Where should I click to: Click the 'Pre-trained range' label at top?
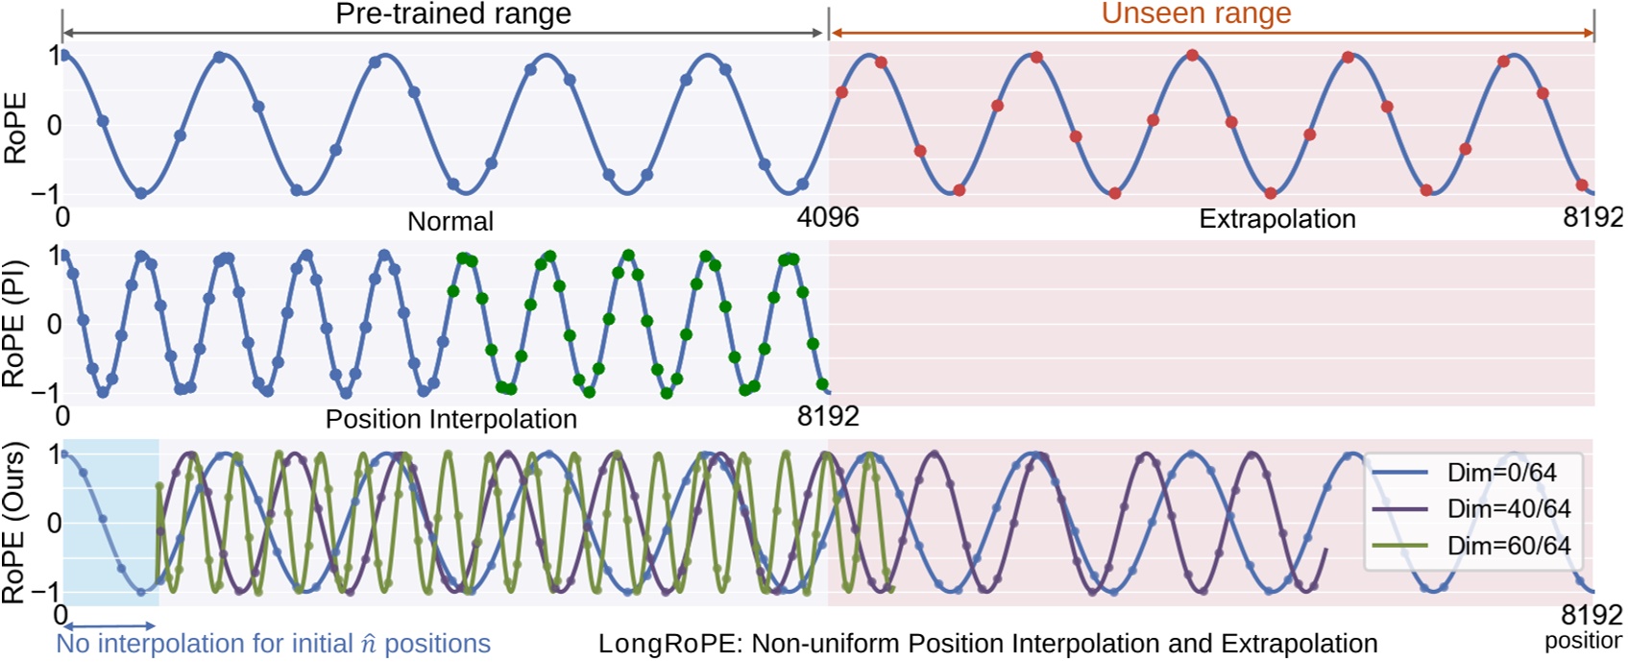452,13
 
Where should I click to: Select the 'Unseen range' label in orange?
1196,13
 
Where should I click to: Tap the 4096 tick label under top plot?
828,217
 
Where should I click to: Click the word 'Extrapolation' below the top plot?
1276,219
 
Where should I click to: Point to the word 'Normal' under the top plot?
450,221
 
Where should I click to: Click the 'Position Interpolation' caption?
450,419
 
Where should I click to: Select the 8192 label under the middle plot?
828,416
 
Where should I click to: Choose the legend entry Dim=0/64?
1501,473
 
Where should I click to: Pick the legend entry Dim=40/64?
1508,509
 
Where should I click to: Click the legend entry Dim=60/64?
1508,546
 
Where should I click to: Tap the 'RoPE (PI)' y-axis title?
13,324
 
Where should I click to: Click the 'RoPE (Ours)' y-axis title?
13,523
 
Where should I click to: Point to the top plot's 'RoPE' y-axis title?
15,128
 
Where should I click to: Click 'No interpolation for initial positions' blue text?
273,644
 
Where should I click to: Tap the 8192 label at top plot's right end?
1592,217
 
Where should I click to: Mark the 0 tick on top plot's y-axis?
54,125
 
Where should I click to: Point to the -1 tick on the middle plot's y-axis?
45,392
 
